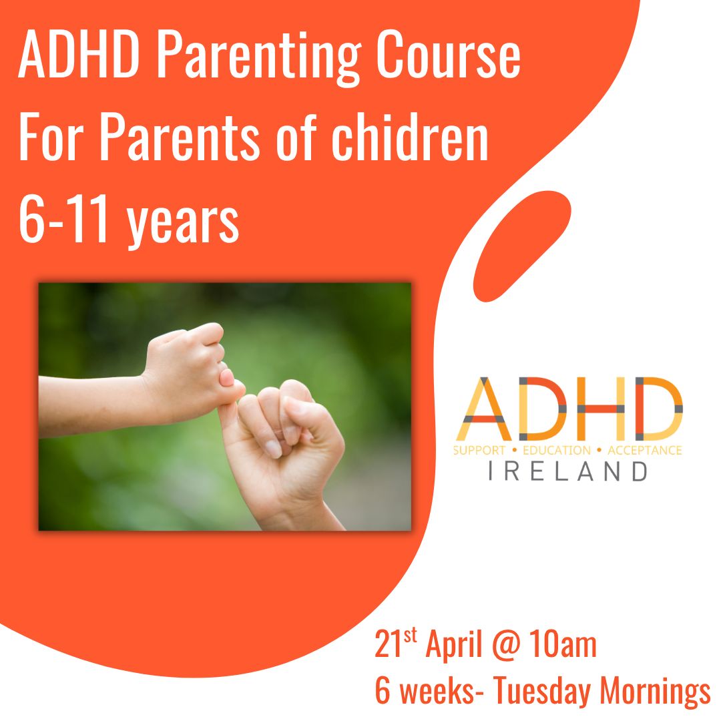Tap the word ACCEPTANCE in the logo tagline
[x=645, y=451]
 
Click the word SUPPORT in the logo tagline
[x=479, y=451]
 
